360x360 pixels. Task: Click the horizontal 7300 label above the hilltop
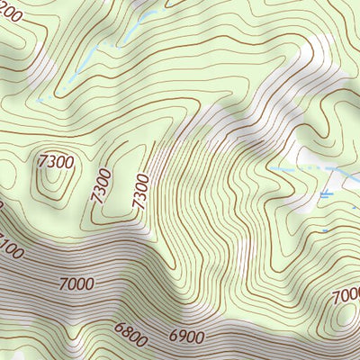tap(56, 163)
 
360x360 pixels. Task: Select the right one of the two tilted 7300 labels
tap(139, 191)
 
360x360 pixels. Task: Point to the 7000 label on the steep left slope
tap(79, 284)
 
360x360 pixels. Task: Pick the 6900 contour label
tap(186, 336)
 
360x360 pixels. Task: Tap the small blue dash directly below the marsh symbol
tap(325, 230)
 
